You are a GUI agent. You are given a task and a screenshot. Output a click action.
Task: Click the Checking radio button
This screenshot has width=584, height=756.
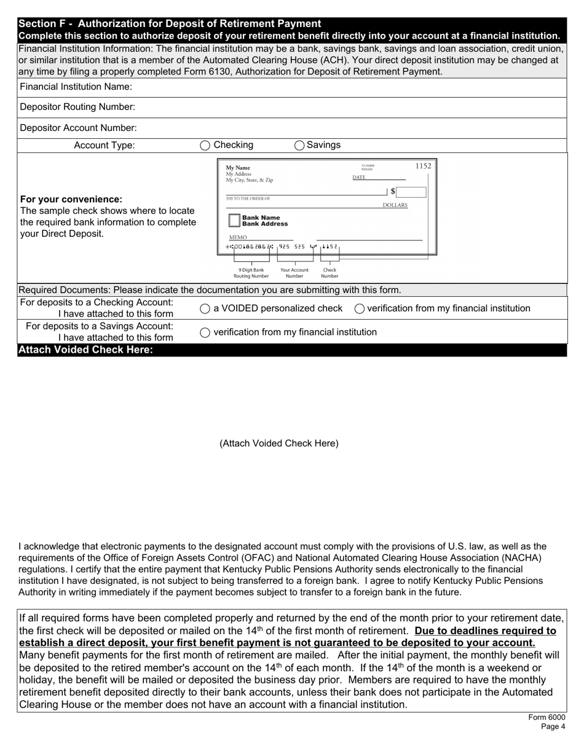click(205, 146)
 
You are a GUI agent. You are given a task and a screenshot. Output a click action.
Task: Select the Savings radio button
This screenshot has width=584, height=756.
click(299, 146)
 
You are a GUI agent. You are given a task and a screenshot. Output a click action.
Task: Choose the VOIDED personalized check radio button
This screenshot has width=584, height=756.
click(205, 309)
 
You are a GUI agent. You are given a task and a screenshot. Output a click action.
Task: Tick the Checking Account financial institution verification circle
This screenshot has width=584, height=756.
click(360, 309)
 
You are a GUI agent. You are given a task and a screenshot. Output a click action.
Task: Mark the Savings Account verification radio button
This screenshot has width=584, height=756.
click(205, 333)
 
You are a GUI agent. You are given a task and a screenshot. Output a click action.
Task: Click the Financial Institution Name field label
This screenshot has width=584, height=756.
click(76, 87)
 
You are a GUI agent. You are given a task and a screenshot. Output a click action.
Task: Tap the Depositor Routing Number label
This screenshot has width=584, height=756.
click(77, 107)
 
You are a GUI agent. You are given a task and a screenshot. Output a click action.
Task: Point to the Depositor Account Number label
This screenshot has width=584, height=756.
click(78, 128)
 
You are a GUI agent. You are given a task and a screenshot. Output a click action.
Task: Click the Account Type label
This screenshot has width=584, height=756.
click(104, 146)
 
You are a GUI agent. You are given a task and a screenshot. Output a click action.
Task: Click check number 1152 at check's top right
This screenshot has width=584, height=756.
click(423, 166)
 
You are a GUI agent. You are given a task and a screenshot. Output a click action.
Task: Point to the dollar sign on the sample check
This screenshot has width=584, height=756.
click(393, 192)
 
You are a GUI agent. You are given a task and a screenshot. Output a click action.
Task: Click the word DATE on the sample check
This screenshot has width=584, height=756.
click(359, 178)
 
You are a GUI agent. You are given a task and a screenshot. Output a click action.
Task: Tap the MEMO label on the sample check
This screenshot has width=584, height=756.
click(238, 237)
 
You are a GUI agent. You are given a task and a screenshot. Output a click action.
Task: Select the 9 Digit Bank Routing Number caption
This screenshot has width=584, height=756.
click(251, 273)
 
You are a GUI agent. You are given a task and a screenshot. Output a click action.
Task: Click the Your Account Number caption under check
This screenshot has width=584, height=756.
click(294, 273)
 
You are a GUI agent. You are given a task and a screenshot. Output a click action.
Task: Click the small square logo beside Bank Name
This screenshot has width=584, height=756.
click(234, 221)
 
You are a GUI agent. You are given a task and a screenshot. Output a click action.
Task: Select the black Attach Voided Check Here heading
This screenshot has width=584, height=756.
click(85, 350)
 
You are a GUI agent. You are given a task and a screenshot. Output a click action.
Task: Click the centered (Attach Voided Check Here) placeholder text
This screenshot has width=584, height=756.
click(278, 443)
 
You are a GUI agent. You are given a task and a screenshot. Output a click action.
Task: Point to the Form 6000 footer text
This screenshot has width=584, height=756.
click(547, 717)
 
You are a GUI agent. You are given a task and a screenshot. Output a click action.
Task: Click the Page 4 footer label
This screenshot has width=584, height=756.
click(553, 726)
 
